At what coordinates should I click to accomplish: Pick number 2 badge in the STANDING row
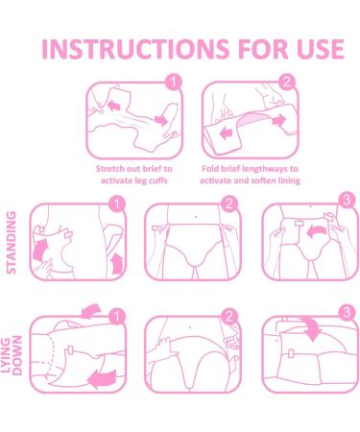(x=228, y=204)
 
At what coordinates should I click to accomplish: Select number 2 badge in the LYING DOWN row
(x=228, y=314)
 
